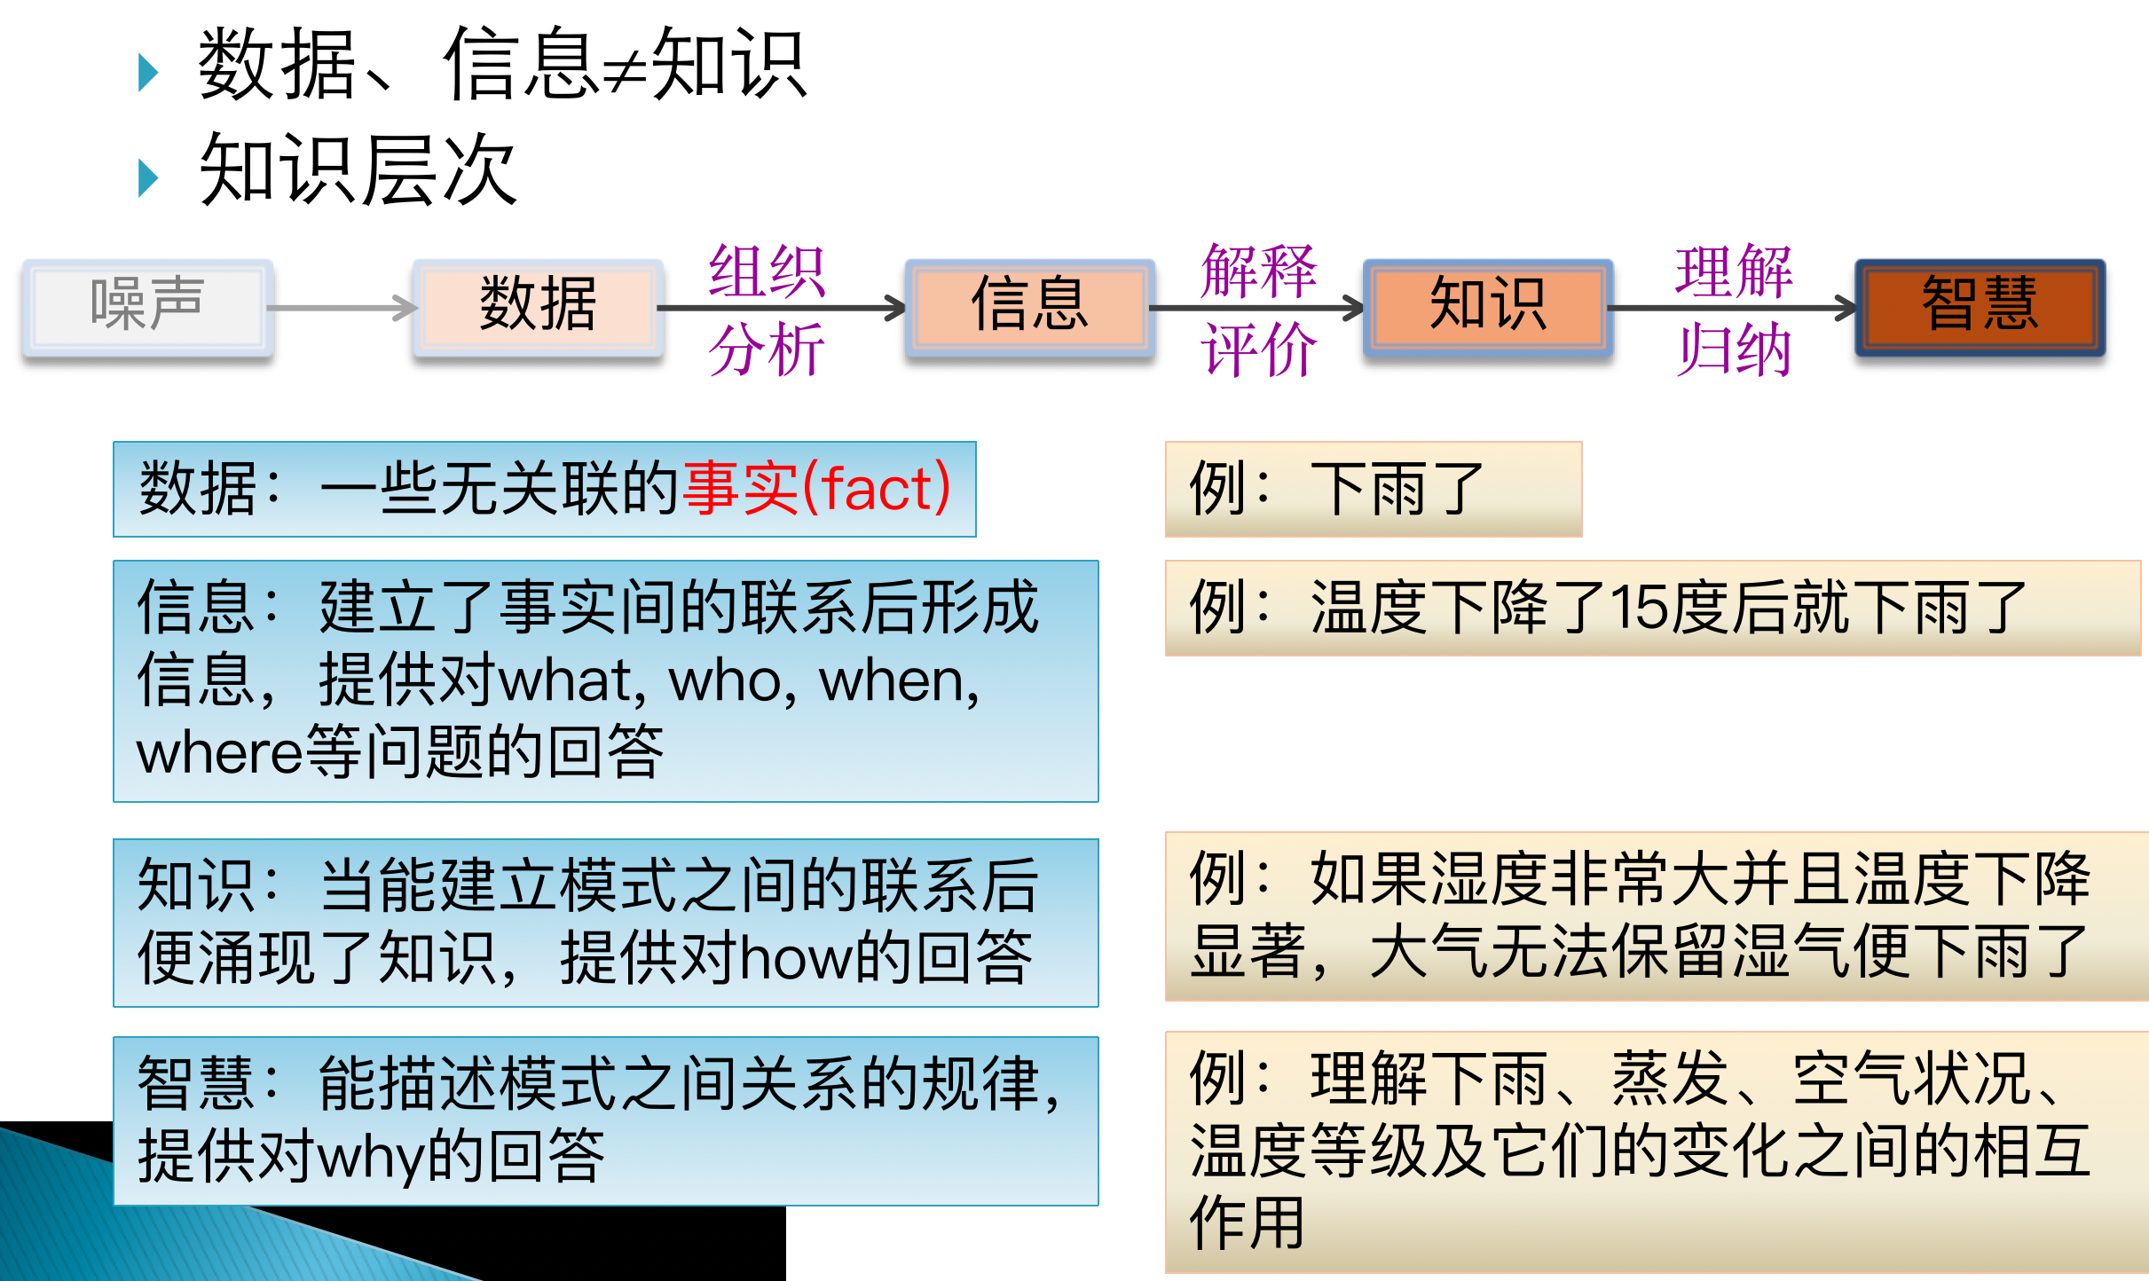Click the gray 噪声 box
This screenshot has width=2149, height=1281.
(x=147, y=306)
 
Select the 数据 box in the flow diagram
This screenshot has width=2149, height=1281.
(x=538, y=306)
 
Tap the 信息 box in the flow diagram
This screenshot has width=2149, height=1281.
(x=1029, y=306)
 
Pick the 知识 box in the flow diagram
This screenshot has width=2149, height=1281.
(x=1488, y=306)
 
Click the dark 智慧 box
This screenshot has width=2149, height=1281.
(x=1980, y=306)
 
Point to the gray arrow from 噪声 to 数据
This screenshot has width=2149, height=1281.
(x=342, y=308)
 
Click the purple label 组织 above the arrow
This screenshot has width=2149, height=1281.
(x=767, y=271)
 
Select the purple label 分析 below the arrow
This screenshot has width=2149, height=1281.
(x=767, y=350)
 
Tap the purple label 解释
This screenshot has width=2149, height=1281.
(x=1258, y=271)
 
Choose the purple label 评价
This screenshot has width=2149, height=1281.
(x=1258, y=350)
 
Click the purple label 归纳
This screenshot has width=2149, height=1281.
(x=1734, y=350)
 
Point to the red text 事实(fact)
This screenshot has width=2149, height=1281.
(x=816, y=489)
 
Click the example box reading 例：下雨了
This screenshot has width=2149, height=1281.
(x=1373, y=489)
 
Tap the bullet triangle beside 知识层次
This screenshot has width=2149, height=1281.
(x=148, y=177)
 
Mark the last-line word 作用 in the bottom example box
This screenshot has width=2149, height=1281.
(x=1247, y=1223)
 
